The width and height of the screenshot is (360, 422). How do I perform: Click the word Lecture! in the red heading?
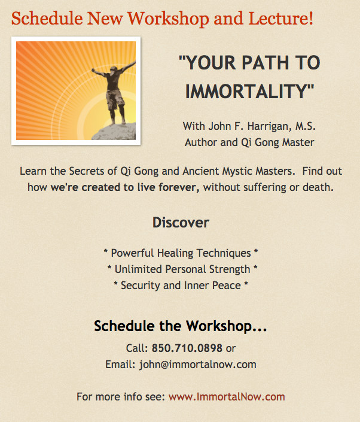click(280, 19)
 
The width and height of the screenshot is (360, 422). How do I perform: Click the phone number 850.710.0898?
click(187, 348)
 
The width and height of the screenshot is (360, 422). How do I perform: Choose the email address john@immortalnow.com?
click(197, 365)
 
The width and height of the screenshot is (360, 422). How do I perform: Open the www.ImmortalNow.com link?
click(227, 397)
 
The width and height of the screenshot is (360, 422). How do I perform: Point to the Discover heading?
click(181, 223)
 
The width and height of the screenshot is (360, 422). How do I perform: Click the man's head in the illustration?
click(114, 70)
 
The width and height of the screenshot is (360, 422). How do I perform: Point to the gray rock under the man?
click(114, 132)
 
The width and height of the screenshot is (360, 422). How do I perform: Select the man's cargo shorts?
click(115, 99)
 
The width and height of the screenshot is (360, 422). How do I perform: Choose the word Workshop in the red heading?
click(168, 19)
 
